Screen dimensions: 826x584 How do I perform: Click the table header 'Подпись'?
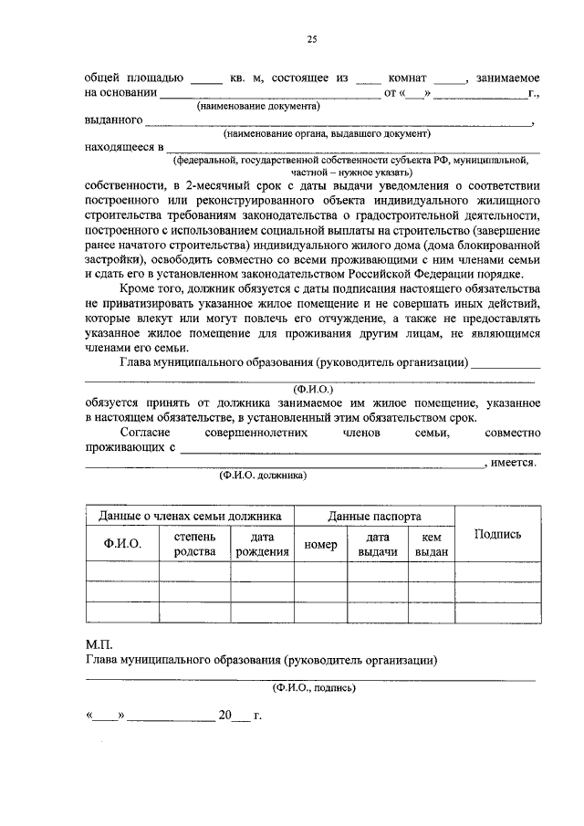click(x=497, y=534)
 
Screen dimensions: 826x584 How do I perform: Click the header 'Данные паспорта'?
click(x=375, y=516)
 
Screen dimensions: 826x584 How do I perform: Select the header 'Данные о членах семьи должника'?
click(x=190, y=516)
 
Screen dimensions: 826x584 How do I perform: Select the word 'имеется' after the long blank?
click(x=512, y=463)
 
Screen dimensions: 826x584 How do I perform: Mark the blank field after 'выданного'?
click(x=338, y=121)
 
